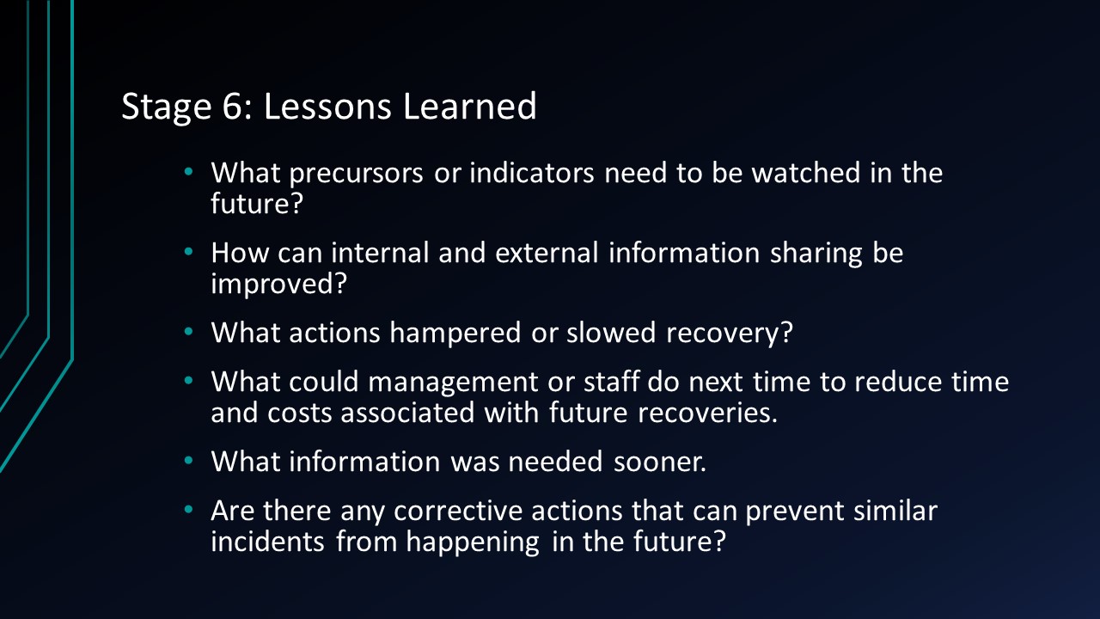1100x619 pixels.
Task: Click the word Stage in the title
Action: [160, 107]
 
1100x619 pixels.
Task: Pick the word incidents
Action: [268, 542]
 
